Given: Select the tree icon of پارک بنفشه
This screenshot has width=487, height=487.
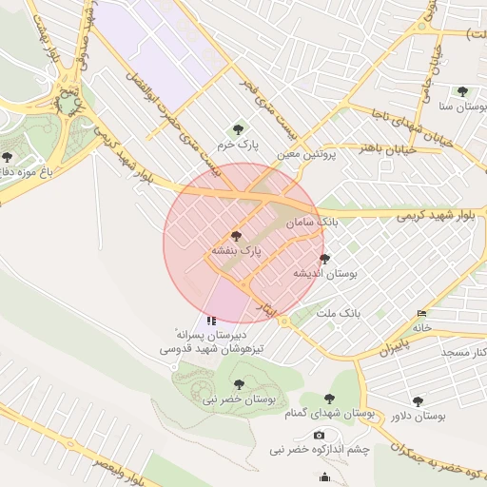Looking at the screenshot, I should coord(236,235).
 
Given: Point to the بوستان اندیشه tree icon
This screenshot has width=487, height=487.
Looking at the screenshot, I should coord(324,258).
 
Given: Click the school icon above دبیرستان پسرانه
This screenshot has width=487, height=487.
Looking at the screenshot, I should coord(211,321).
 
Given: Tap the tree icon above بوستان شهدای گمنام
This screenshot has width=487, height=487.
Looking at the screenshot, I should coord(329,399).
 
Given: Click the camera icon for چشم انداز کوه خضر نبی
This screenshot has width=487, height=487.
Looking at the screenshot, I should coord(319,435).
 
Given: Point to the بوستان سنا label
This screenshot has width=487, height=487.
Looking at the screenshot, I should coord(459,107).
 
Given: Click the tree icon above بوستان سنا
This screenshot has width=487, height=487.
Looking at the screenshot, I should coord(462,91).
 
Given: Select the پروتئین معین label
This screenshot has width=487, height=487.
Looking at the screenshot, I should coord(307,152).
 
